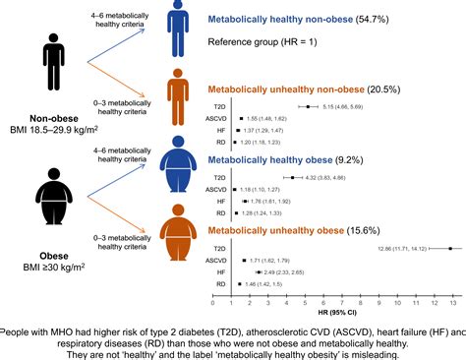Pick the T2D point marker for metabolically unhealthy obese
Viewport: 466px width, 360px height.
tap(448, 248)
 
